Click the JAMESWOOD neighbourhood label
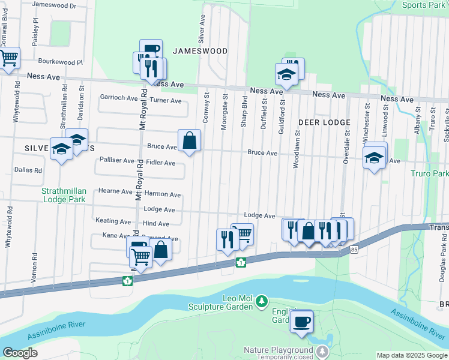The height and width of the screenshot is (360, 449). click(x=200, y=51)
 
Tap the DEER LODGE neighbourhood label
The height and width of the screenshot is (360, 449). click(x=324, y=122)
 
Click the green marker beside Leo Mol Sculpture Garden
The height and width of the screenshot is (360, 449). click(x=261, y=300)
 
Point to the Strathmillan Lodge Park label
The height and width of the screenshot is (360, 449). click(x=64, y=195)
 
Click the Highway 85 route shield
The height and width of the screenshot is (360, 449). click(x=355, y=249)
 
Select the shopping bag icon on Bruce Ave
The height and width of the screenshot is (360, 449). click(x=189, y=142)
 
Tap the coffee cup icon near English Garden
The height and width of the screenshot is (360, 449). click(x=301, y=321)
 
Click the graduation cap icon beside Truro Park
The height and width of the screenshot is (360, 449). click(x=375, y=158)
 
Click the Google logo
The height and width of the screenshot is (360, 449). click(x=20, y=353)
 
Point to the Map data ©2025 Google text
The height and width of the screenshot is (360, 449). click(x=412, y=355)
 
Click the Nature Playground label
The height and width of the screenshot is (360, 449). click(x=279, y=350)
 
